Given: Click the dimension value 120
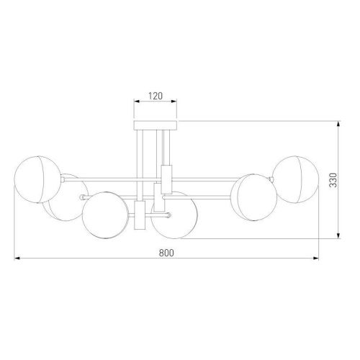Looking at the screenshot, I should click(156, 95).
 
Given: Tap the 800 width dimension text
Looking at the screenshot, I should click(166, 253).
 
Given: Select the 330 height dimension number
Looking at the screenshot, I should click(333, 180).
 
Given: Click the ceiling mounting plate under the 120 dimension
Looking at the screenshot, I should click(156, 125).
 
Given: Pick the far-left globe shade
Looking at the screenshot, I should click(35, 176).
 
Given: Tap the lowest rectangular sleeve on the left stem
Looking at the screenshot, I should click(140, 216).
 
